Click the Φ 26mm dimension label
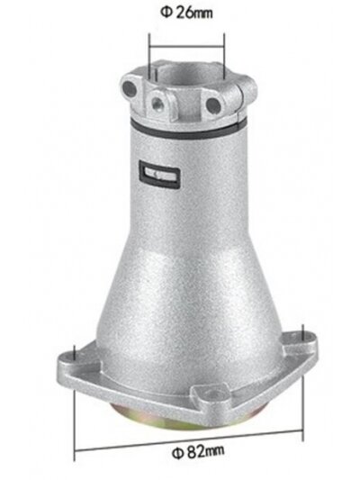(186, 14)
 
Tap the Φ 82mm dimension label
(198, 452)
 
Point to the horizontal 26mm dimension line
(186, 47)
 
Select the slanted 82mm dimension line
(189, 439)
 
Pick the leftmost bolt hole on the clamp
(129, 89)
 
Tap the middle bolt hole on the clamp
(158, 103)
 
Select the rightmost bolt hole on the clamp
(213, 105)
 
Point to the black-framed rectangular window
(159, 175)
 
